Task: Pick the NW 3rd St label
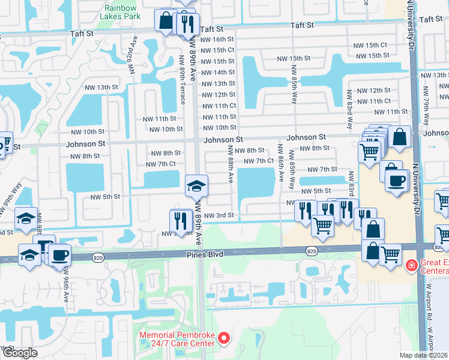pos(218,215)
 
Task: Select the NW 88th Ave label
pos(230,164)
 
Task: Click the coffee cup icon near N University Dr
pos(396,182)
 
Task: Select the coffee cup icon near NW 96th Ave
pos(59,254)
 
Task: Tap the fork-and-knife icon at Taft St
pos(187,23)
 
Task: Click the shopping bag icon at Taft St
pos(165,20)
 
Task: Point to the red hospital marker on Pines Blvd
pos(412,265)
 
